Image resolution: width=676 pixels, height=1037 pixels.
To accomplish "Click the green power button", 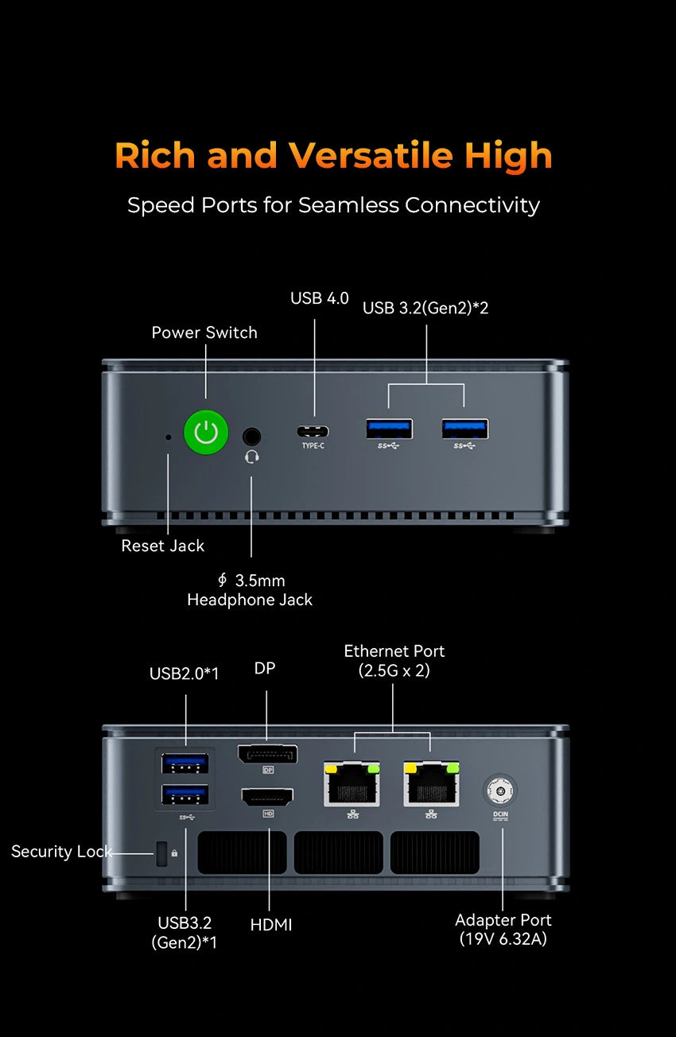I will pyautogui.click(x=206, y=433).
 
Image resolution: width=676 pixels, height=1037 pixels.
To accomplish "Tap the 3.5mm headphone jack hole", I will pyautogui.click(x=252, y=436).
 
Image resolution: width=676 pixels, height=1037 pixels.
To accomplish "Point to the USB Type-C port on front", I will pyautogui.click(x=313, y=432).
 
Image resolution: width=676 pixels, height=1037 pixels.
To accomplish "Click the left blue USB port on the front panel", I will pyautogui.click(x=389, y=429).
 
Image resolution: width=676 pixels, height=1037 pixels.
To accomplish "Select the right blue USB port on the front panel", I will pyautogui.click(x=465, y=429).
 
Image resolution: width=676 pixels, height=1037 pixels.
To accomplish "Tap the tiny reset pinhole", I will pyautogui.click(x=167, y=437).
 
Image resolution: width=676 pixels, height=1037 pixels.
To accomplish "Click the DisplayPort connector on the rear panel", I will pyautogui.click(x=267, y=754).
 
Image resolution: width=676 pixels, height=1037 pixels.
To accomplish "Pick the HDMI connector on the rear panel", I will pyautogui.click(x=267, y=796).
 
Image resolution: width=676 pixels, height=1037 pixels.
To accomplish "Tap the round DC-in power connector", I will pyautogui.click(x=499, y=791).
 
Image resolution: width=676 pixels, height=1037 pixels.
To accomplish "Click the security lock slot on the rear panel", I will pyautogui.click(x=162, y=854).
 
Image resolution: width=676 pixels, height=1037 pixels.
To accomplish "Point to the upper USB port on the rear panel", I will pyautogui.click(x=185, y=763).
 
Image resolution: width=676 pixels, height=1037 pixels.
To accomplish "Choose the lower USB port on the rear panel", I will pyautogui.click(x=185, y=794).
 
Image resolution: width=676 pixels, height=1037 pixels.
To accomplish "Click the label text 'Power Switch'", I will pyautogui.click(x=204, y=332).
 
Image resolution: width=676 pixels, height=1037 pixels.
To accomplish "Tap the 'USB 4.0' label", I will pyautogui.click(x=319, y=298).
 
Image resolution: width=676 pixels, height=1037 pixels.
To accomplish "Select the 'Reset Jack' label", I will pyautogui.click(x=162, y=546).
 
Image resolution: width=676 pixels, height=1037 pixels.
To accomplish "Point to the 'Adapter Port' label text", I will pyautogui.click(x=503, y=920).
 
